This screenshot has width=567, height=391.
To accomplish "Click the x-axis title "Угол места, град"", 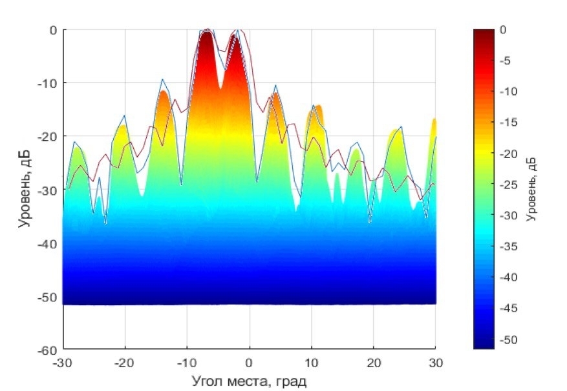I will click(250, 378).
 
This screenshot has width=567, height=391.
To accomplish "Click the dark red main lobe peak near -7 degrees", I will click(206, 32).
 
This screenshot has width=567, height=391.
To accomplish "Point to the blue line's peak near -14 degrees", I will click(162, 79).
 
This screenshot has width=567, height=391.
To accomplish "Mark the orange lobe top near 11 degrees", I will click(317, 107).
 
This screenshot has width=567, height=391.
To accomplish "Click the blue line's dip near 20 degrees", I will click(370, 223).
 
